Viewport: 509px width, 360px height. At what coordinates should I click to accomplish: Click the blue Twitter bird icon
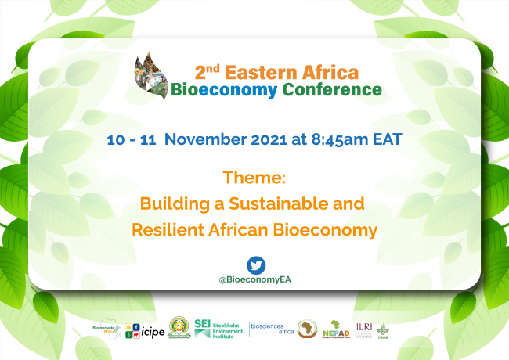pos(255,264)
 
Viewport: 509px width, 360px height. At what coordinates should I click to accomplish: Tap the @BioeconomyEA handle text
pos(255,279)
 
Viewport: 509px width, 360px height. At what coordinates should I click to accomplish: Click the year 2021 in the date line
pos(288,140)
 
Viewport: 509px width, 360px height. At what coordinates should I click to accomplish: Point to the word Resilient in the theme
pos(167,231)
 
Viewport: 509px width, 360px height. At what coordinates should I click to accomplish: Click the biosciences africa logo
pos(271,329)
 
